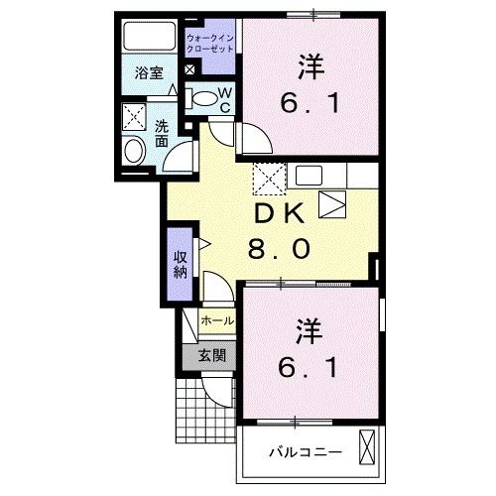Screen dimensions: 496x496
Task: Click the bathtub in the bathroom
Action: [150, 38]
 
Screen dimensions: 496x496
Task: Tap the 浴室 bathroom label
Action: [150, 72]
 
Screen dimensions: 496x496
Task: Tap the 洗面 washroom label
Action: [162, 133]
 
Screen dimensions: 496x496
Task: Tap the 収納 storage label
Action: [181, 265]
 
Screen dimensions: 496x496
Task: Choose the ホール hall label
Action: [216, 321]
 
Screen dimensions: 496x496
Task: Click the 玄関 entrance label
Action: [210, 355]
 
